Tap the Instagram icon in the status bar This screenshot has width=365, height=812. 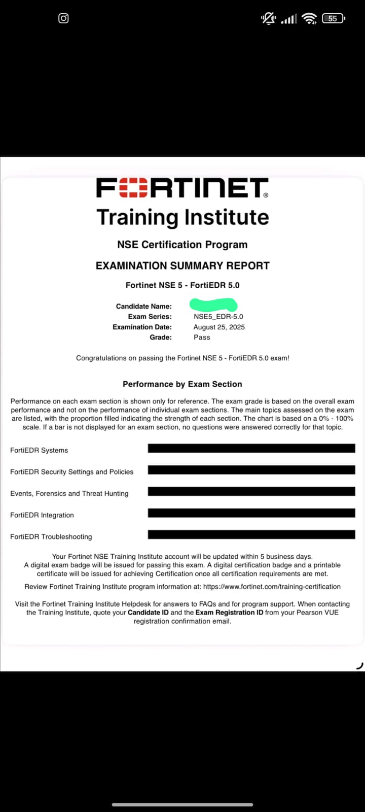[x=63, y=18]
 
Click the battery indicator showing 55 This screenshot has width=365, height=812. [x=333, y=18]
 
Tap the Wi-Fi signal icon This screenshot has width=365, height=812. [x=309, y=18]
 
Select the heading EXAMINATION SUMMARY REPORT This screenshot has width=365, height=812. [x=182, y=265]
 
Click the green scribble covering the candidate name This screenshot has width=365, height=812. [x=213, y=304]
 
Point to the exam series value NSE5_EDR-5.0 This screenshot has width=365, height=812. [x=218, y=317]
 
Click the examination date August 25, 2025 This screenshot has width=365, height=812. [x=219, y=327]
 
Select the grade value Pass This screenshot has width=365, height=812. [x=202, y=337]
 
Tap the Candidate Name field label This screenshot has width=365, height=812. [x=144, y=306]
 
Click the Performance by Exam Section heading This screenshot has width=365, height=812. [x=182, y=384]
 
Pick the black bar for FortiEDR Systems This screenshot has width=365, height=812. [x=251, y=448]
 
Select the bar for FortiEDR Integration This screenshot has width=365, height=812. [x=251, y=513]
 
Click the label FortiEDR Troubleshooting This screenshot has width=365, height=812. [x=51, y=536]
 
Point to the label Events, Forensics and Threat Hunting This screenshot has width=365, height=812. [x=69, y=493]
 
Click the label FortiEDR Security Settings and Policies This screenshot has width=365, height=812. [x=72, y=471]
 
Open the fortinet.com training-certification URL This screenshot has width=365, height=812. [x=272, y=587]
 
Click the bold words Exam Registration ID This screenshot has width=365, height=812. [x=230, y=613]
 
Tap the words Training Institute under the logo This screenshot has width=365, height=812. [x=182, y=217]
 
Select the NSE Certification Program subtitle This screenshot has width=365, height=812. [x=182, y=245]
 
